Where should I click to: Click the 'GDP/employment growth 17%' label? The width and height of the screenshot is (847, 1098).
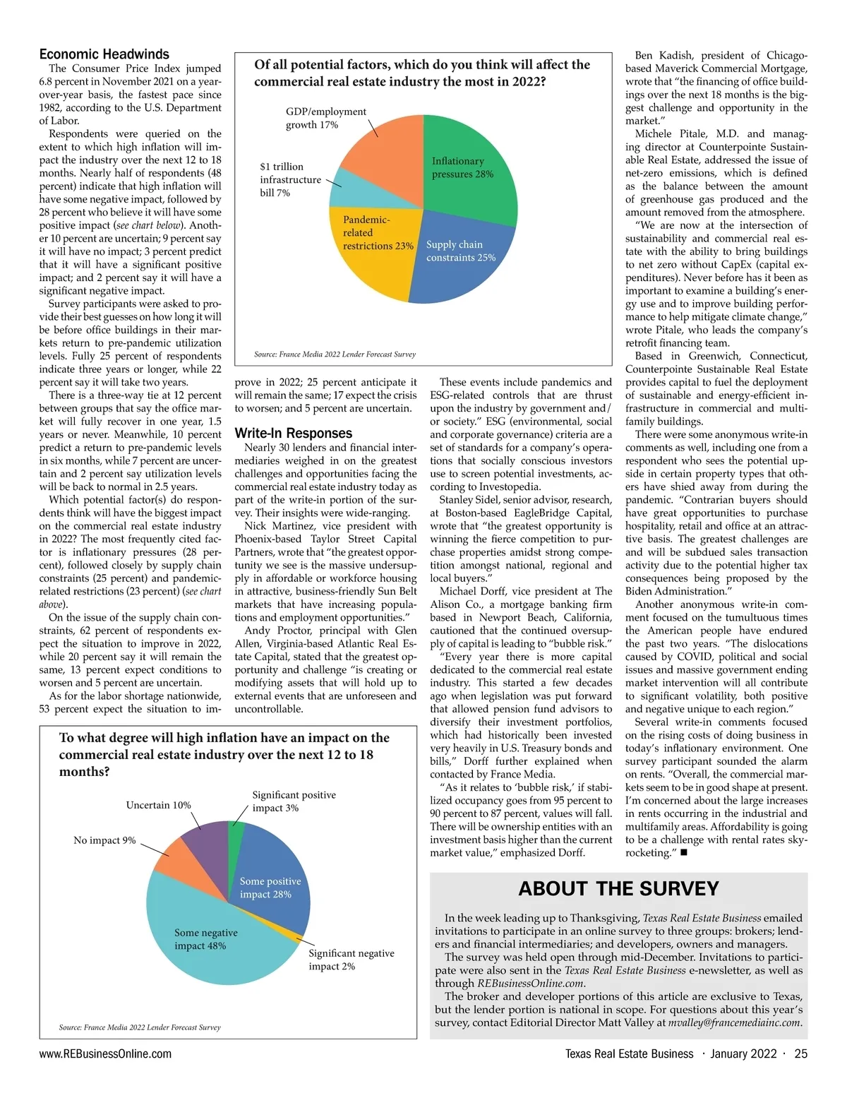(x=325, y=118)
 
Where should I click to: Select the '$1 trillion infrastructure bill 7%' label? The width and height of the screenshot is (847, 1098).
(x=289, y=179)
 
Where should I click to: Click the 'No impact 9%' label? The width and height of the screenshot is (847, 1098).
(x=104, y=840)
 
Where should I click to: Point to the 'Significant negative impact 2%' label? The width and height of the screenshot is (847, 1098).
(x=351, y=960)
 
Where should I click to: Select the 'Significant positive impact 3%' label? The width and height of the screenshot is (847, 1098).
(x=294, y=801)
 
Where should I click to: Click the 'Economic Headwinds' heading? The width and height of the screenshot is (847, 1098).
(x=104, y=54)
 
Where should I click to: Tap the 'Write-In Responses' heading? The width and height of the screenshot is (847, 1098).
(x=293, y=433)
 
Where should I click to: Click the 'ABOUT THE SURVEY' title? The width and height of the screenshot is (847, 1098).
(x=618, y=888)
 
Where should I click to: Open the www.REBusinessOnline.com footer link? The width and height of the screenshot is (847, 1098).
(x=105, y=1054)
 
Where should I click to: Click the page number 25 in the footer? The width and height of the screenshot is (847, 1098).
(x=800, y=1054)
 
